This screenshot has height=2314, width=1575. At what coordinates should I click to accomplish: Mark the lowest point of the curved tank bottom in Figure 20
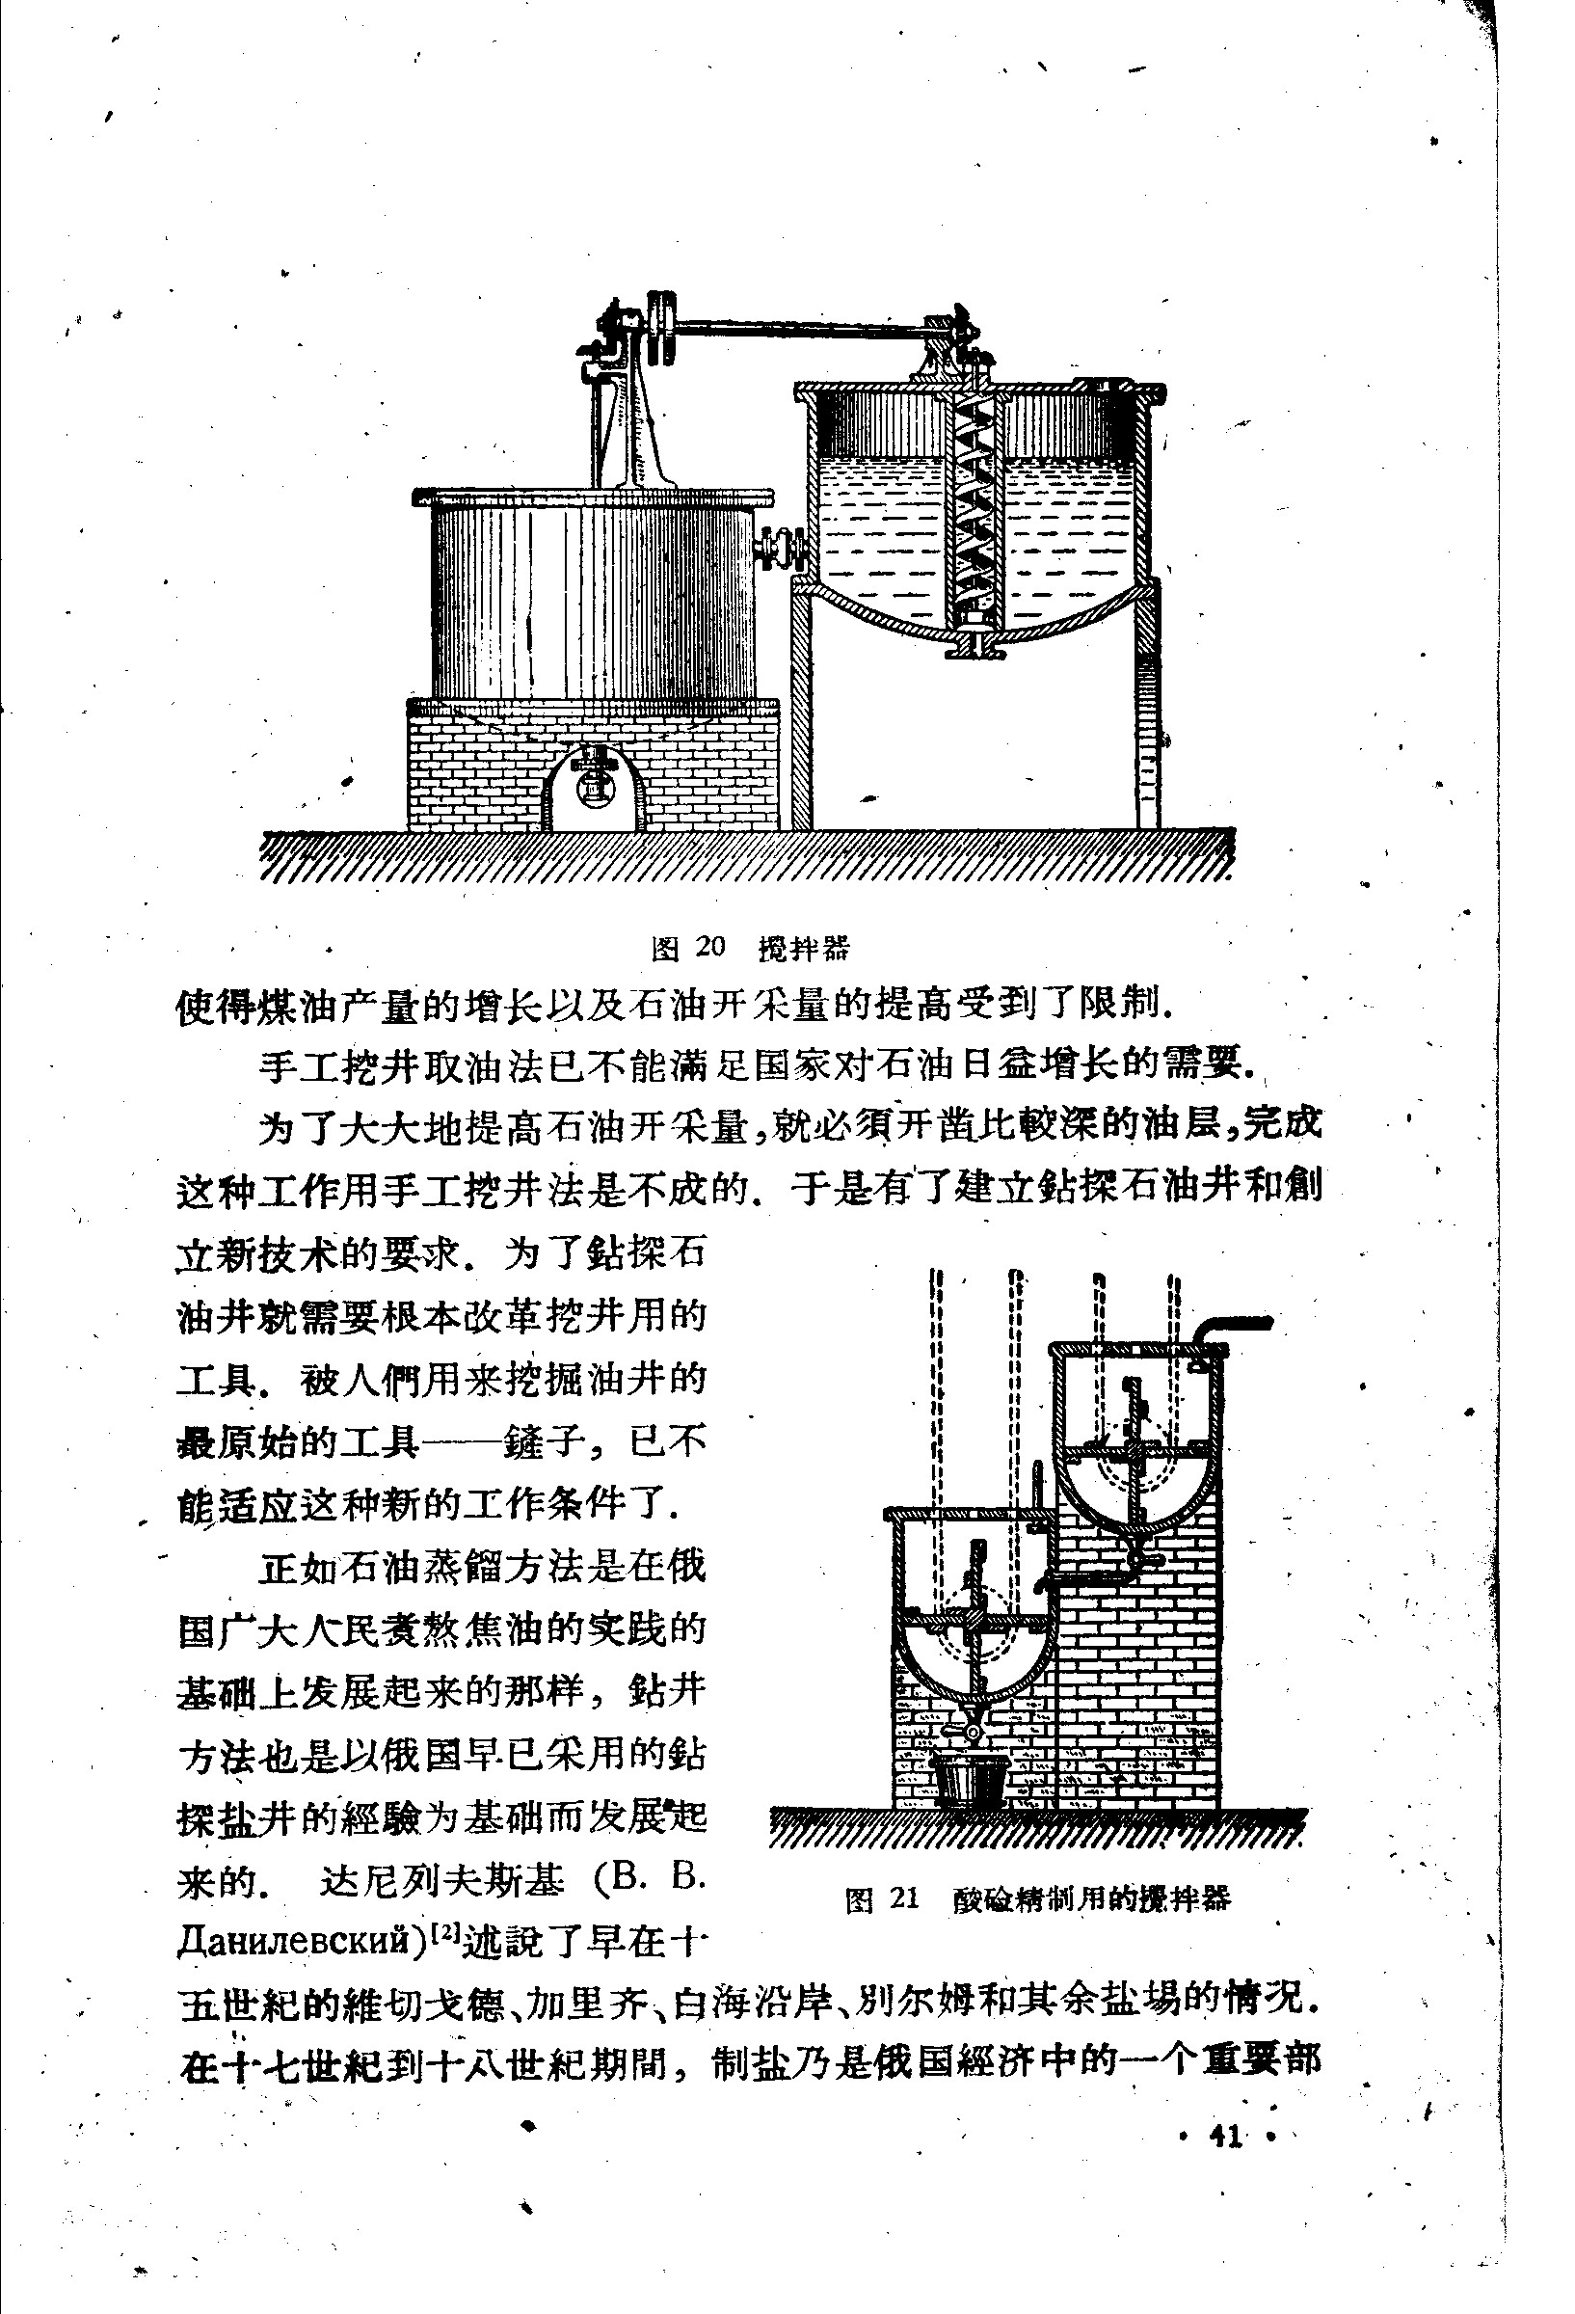click(976, 635)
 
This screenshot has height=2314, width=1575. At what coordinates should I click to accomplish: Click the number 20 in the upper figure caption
click(710, 945)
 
